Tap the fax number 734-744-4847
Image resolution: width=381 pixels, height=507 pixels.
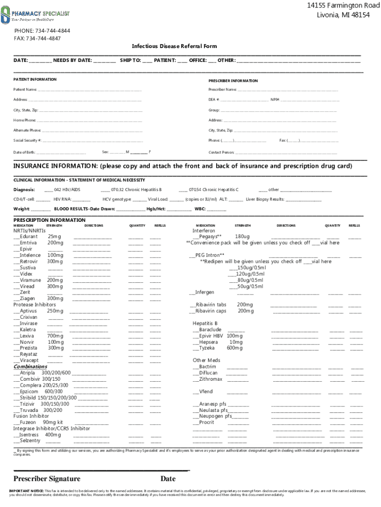pos(49,38)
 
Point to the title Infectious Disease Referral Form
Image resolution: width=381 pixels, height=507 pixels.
pos(174,46)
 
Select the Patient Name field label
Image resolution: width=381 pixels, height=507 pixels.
pos(25,90)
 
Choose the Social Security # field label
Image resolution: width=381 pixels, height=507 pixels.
pos(27,141)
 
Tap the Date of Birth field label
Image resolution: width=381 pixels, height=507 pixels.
pos(24,152)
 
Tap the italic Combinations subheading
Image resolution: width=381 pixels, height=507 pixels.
pos(30,366)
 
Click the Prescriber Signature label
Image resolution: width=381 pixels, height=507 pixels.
pos(47,478)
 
